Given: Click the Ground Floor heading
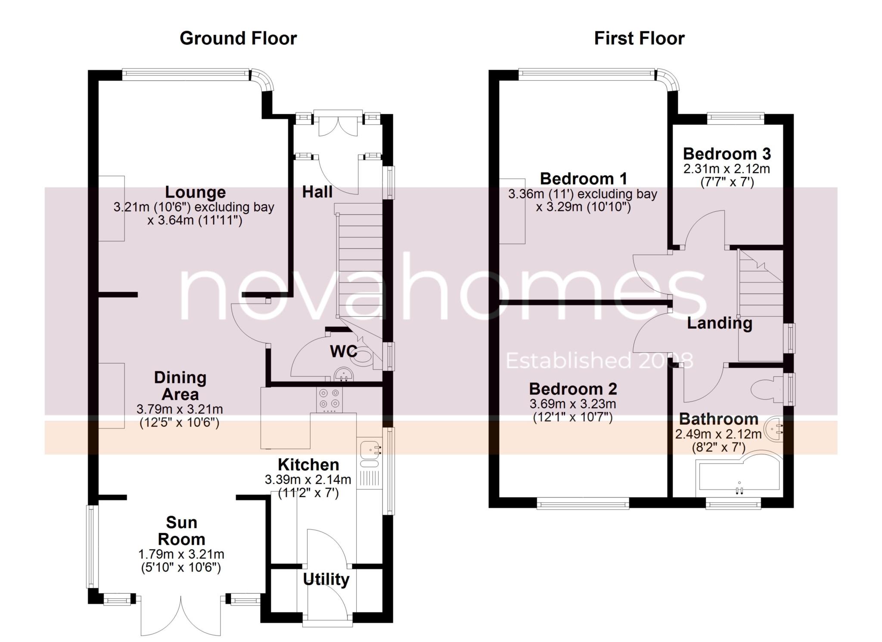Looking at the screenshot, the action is tap(238, 38).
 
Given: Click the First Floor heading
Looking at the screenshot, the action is tap(639, 38).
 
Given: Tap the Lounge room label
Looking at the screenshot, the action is tap(196, 192).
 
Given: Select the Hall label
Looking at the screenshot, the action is tap(317, 192).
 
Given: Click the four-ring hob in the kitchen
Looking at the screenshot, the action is tap(330, 399).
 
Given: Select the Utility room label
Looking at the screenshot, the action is tap(326, 579).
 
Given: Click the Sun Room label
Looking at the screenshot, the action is tap(181, 531).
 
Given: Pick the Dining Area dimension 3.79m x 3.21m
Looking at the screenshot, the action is tap(180, 409).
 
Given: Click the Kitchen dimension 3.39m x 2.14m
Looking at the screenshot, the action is tap(308, 479).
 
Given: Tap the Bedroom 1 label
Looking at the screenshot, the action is tap(584, 179).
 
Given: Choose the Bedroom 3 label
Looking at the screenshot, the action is tap(727, 154).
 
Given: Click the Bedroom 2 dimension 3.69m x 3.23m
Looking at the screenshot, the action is tap(573, 404).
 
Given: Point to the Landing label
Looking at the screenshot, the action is tap(720, 323).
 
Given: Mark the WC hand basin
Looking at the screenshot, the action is tap(343, 374).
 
